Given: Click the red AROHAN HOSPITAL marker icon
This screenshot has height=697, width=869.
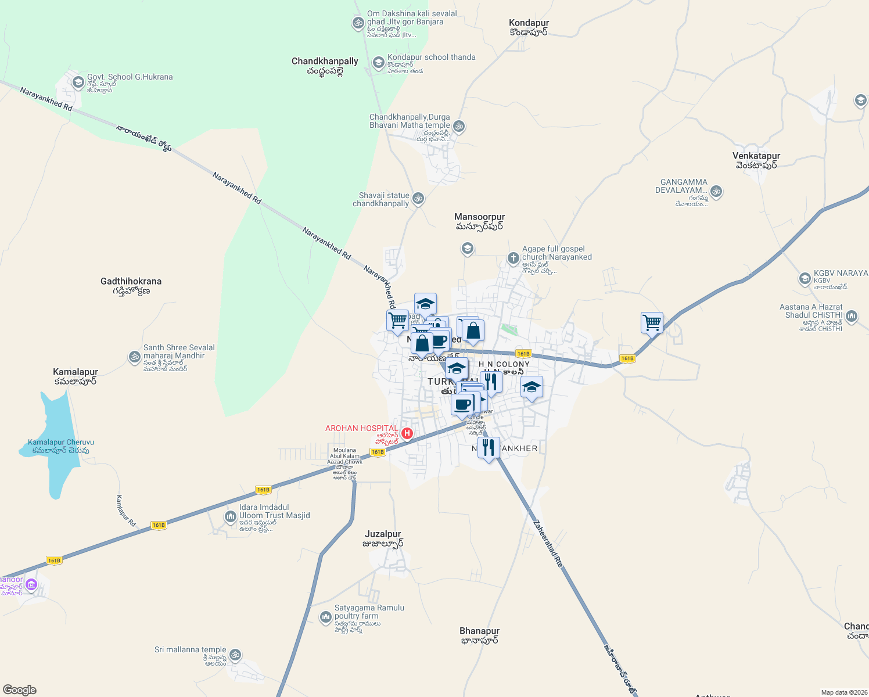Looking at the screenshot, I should pyautogui.click(x=407, y=433).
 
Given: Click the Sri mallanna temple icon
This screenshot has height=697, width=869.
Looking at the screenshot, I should pyautogui.click(x=235, y=655).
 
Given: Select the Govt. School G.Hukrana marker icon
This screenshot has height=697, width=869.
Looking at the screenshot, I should pyautogui.click(x=78, y=82).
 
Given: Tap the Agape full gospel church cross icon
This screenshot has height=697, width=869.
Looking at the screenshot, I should pyautogui.click(x=513, y=257).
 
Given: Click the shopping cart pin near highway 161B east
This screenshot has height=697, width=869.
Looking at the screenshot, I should pyautogui.click(x=652, y=322).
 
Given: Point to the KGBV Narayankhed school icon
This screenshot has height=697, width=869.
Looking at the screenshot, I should pyautogui.click(x=805, y=278).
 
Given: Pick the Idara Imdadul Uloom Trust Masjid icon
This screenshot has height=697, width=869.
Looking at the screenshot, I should pyautogui.click(x=231, y=516).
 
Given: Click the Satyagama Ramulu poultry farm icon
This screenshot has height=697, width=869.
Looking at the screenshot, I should pyautogui.click(x=326, y=616).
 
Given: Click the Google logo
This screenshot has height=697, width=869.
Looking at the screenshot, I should pyautogui.click(x=20, y=689).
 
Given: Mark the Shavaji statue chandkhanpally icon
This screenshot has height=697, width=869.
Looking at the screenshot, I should pyautogui.click(x=418, y=199).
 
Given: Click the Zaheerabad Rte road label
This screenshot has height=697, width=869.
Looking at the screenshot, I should pyautogui.click(x=548, y=543).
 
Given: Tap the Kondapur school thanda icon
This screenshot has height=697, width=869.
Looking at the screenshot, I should pyautogui.click(x=379, y=63).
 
